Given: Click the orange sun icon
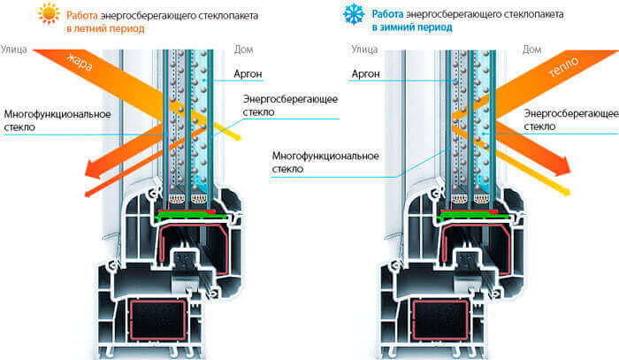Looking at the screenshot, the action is pyautogui.click(x=49, y=13).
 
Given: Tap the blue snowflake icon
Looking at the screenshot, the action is pyautogui.click(x=354, y=14).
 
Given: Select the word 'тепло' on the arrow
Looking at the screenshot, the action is pyautogui.click(x=563, y=66).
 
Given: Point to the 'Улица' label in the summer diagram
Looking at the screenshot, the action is pyautogui.click(x=14, y=50).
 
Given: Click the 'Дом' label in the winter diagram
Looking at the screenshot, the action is pyautogui.click(x=531, y=50).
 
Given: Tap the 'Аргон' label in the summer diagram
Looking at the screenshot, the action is pyautogui.click(x=248, y=73).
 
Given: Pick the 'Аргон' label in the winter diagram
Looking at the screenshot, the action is pyautogui.click(x=365, y=73).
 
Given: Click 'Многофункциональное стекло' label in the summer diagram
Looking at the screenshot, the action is pyautogui.click(x=57, y=120).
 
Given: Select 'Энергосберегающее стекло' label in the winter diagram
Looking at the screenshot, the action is pyautogui.click(x=571, y=119).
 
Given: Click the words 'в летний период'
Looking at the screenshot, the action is pyautogui.click(x=105, y=29).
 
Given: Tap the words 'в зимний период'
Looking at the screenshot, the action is pyautogui.click(x=412, y=27).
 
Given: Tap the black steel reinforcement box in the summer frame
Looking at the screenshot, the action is pyautogui.click(x=157, y=319).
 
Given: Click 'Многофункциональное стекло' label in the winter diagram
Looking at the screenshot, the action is pyautogui.click(x=325, y=162).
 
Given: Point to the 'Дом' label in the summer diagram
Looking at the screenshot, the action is pyautogui.click(x=243, y=50).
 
